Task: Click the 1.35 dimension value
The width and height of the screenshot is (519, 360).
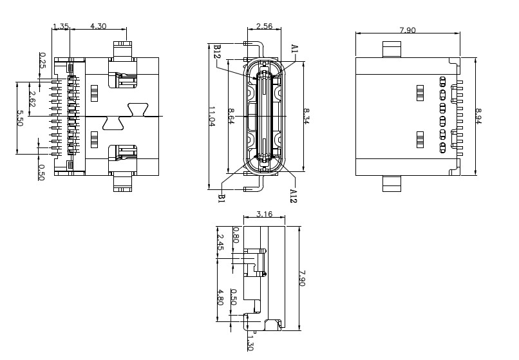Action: tap(61, 26)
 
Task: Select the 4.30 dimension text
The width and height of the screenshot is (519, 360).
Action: tap(99, 26)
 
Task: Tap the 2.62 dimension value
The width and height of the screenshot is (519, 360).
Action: tap(32, 100)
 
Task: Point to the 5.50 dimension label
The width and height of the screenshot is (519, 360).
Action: tap(19, 118)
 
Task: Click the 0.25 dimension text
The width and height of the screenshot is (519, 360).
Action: tap(42, 60)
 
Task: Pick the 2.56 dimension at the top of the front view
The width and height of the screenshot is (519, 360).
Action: tap(263, 26)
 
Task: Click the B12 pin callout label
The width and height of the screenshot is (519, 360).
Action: tap(217, 52)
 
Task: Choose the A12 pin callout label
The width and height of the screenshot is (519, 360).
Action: tap(293, 196)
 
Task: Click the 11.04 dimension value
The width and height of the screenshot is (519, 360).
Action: tap(211, 116)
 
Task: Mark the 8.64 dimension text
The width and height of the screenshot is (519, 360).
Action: tap(231, 116)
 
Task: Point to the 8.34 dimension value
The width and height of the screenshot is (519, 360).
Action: tap(307, 116)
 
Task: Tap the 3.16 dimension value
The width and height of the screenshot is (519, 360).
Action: tap(264, 214)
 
